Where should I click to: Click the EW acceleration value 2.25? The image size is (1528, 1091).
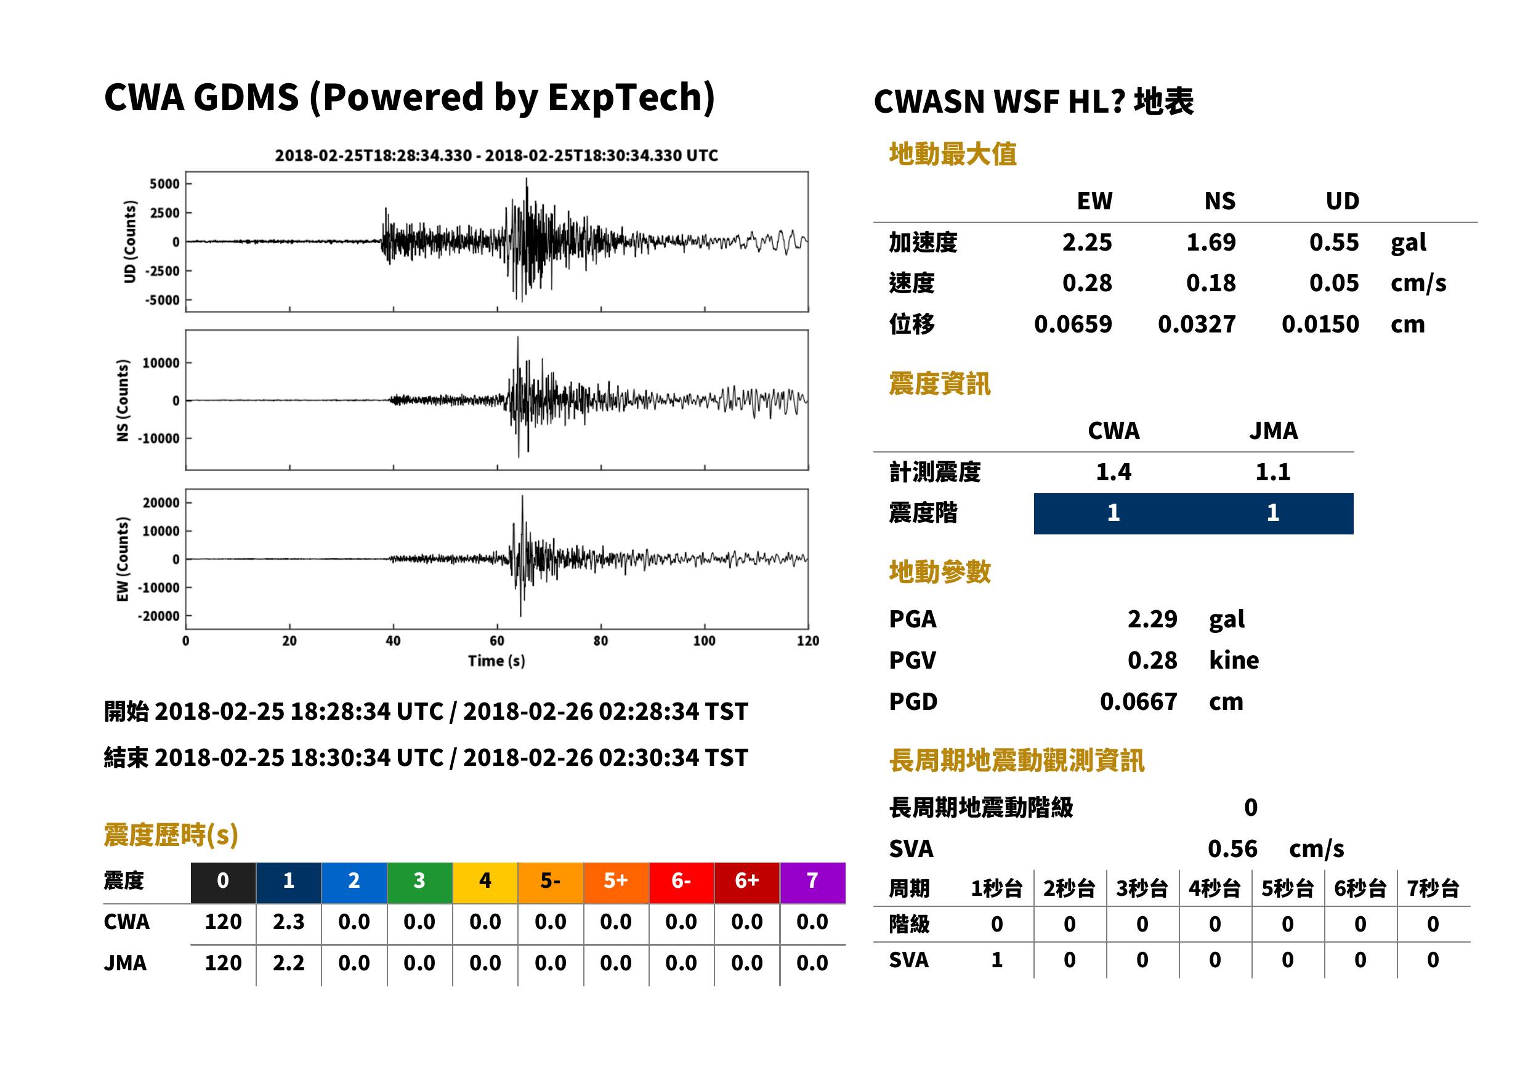click(1086, 243)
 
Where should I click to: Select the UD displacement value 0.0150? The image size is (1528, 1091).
click(1320, 324)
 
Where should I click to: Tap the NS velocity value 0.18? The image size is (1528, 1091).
click(1210, 283)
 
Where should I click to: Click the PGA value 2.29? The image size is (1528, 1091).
click(1152, 619)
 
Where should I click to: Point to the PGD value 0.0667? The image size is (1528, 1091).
click(1138, 701)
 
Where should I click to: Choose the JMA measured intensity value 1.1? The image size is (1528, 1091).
click(1272, 472)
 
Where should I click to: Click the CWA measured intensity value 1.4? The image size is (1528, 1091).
click(1114, 472)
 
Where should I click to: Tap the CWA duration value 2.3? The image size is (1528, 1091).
click(288, 922)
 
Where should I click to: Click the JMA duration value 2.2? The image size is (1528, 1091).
click(288, 964)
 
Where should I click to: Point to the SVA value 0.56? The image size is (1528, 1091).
click(1232, 849)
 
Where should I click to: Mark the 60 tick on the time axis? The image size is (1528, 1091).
click(496, 641)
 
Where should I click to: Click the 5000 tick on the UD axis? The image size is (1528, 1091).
click(164, 184)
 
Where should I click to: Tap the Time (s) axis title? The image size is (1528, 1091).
click(496, 661)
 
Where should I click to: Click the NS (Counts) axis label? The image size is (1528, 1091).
click(123, 400)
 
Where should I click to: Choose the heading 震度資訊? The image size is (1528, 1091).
click(939, 384)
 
